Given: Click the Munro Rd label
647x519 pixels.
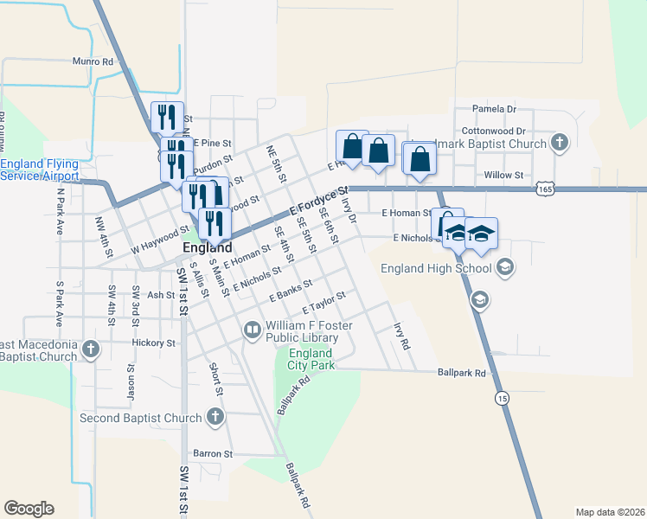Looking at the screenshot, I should (x=93, y=62).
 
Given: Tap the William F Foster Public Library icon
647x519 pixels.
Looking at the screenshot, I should (x=252, y=330).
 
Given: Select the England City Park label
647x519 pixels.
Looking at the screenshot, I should (x=310, y=360).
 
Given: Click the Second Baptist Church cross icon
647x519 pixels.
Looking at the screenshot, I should (x=215, y=418).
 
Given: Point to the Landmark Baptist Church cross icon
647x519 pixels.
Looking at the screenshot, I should (x=559, y=144).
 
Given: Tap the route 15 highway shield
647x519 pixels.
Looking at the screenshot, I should (x=502, y=398).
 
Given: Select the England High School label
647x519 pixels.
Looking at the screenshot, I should (x=436, y=268).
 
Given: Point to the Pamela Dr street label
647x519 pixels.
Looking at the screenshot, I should (x=494, y=109).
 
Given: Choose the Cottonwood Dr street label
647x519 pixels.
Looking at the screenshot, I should (x=494, y=131).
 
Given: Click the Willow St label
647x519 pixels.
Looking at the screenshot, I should (x=504, y=175).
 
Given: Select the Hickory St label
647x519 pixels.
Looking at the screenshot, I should (x=154, y=343).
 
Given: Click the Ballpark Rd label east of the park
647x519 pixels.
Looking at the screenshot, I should (x=462, y=374).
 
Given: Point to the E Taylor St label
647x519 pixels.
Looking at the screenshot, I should (x=324, y=303).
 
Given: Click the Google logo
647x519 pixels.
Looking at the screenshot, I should (x=29, y=509).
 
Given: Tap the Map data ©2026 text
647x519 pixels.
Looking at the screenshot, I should (x=610, y=512).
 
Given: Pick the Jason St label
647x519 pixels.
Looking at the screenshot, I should (x=131, y=381).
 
